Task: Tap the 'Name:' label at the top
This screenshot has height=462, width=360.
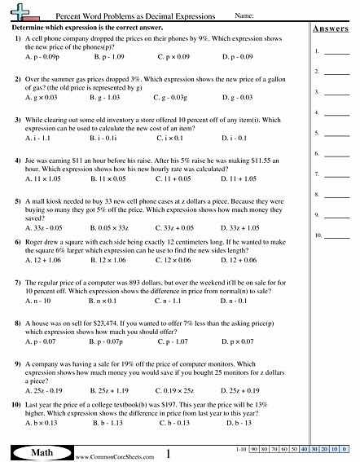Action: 244,15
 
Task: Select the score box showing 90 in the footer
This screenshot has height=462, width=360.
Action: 254,449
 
